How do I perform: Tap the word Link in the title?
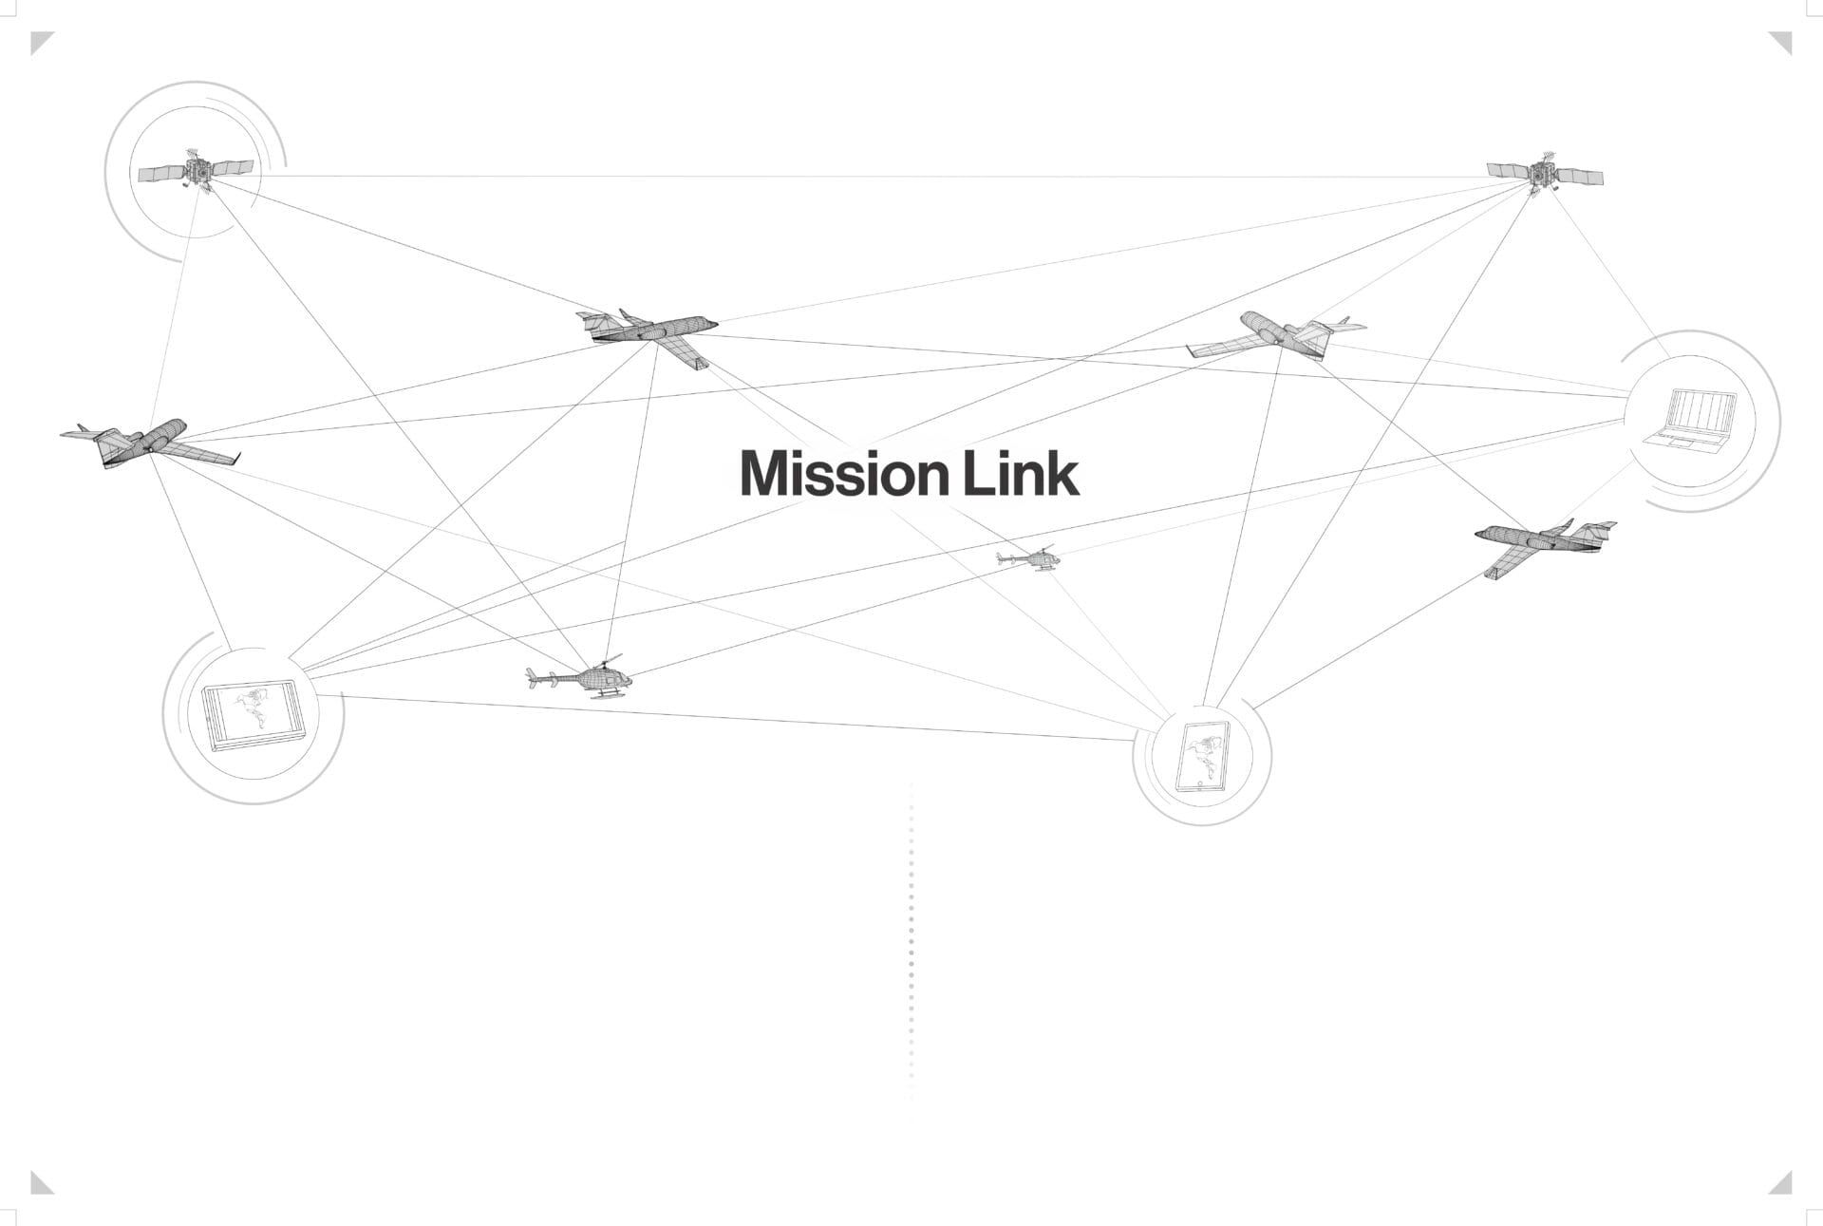(x=1022, y=473)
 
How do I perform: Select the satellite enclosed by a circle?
(x=196, y=171)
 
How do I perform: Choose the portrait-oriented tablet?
(x=1202, y=756)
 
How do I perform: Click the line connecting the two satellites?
(x=855, y=176)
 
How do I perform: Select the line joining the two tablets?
(x=722, y=718)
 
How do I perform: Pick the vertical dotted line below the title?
(x=911, y=950)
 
